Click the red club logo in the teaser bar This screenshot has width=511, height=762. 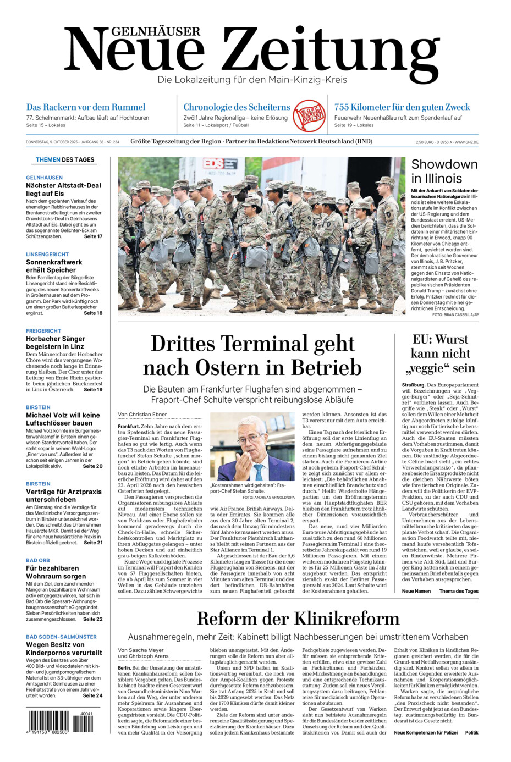(x=310, y=115)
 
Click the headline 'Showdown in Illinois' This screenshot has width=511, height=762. (x=444, y=171)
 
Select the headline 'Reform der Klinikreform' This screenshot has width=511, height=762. (x=298, y=618)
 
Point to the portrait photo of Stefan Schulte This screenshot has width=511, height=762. (x=252, y=447)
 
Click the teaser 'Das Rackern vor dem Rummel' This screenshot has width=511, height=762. (x=86, y=107)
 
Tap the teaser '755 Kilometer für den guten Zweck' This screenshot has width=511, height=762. (x=402, y=107)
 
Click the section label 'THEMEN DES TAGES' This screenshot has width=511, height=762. (x=65, y=160)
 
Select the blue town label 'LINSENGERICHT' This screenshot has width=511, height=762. (x=47, y=255)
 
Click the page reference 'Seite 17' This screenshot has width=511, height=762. (x=93, y=236)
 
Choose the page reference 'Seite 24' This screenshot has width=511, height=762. (x=92, y=695)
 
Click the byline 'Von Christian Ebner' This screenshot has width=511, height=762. (x=142, y=415)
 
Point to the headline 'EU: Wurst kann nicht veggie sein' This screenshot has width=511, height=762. (x=440, y=354)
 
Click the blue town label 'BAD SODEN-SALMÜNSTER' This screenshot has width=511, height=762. (x=61, y=637)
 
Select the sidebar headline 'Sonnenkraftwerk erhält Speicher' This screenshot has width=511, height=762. (x=54, y=266)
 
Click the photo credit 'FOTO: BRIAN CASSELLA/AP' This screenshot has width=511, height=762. (x=455, y=315)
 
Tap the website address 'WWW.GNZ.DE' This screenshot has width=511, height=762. (x=466, y=142)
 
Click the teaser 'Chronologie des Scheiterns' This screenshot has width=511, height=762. (x=237, y=107)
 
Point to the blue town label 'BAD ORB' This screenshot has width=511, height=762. (x=38, y=560)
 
